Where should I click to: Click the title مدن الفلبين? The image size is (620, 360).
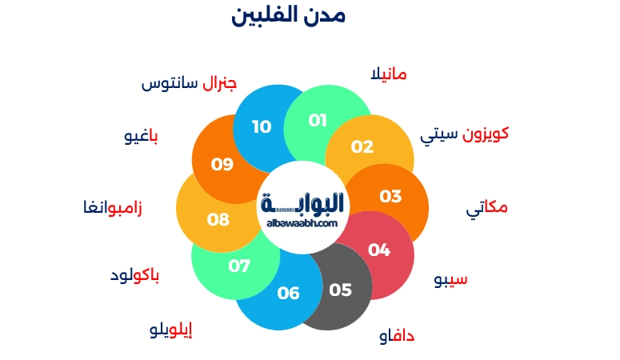288,15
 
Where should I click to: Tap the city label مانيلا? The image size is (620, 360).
389,74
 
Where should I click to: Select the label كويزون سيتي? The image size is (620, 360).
464,134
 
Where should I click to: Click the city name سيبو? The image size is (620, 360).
450,280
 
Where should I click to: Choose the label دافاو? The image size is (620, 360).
397,336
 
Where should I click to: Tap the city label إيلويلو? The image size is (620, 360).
171,330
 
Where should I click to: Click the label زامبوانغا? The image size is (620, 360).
113,209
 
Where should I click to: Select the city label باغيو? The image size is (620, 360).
141,136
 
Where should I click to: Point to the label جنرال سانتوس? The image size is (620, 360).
189,84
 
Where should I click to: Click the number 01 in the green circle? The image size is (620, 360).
318,121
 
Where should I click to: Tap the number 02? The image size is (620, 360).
362,146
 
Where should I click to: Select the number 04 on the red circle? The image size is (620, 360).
379,250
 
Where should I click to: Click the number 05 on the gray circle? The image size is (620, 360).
340,290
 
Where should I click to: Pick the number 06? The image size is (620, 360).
288,293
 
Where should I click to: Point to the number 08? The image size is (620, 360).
218,219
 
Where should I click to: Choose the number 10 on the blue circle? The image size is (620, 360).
262,126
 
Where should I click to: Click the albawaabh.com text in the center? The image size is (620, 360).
303,224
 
